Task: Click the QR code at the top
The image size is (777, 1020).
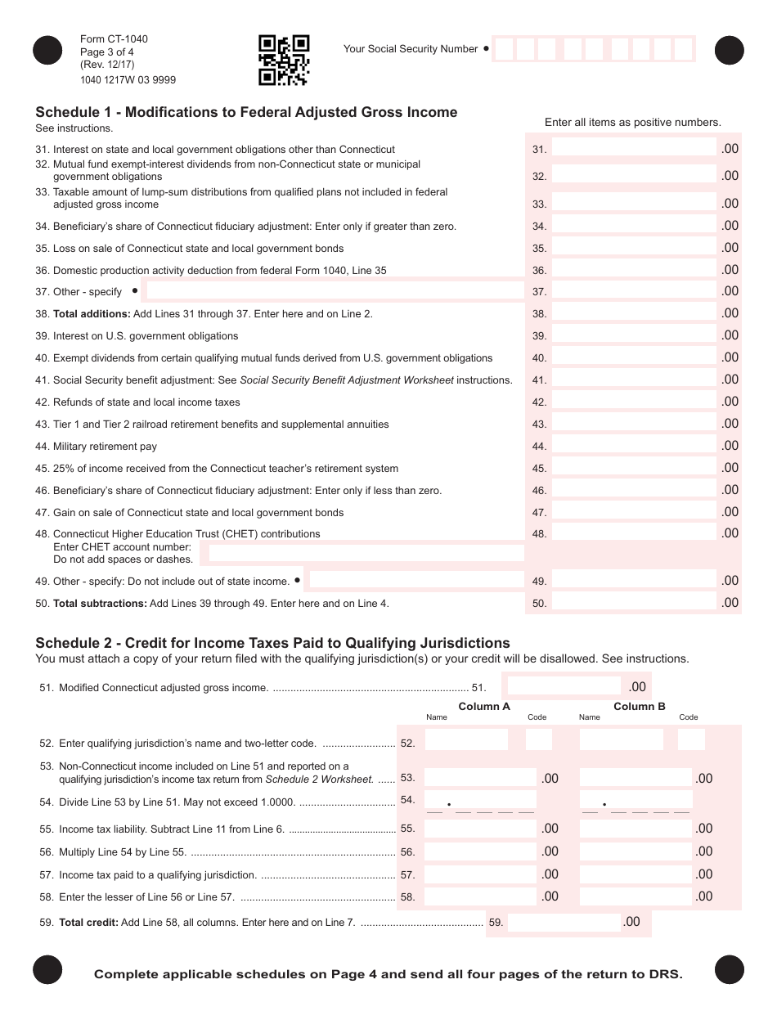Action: [x=284, y=61]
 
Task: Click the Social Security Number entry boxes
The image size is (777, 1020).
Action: [x=594, y=49]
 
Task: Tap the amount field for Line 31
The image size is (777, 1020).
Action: [x=634, y=148]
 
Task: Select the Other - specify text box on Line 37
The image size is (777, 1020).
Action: [x=335, y=290]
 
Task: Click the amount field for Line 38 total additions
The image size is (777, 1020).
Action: [x=634, y=313]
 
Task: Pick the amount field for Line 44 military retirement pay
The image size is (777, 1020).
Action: [x=634, y=446]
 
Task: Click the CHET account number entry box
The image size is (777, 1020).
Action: [x=366, y=553]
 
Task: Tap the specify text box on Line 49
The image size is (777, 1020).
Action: [x=415, y=580]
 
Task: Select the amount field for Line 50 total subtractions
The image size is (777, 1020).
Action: [x=634, y=603]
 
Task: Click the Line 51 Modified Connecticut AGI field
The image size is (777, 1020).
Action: [x=564, y=686]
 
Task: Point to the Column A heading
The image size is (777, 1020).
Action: [x=484, y=707]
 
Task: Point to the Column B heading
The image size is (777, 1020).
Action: [x=640, y=707]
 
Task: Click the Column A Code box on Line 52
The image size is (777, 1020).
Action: [x=538, y=740]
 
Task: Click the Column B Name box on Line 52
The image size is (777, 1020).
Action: [x=621, y=740]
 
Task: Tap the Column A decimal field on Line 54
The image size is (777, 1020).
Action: [x=480, y=801]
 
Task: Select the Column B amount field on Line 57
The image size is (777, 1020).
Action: [x=636, y=874]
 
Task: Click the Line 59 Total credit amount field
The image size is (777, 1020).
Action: [x=564, y=923]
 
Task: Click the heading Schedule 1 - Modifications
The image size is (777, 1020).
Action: [x=246, y=112]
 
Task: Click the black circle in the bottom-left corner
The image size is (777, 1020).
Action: [x=47, y=970]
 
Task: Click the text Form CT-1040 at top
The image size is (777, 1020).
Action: [x=114, y=39]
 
